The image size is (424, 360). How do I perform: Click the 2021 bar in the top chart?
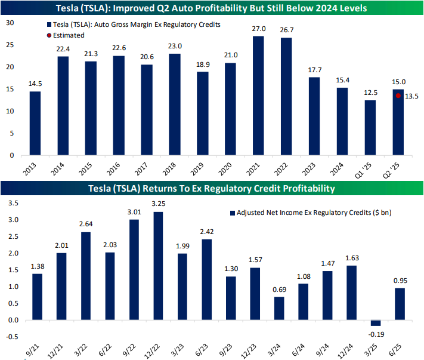[258, 96]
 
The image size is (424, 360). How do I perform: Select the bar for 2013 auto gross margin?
[35, 123]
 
